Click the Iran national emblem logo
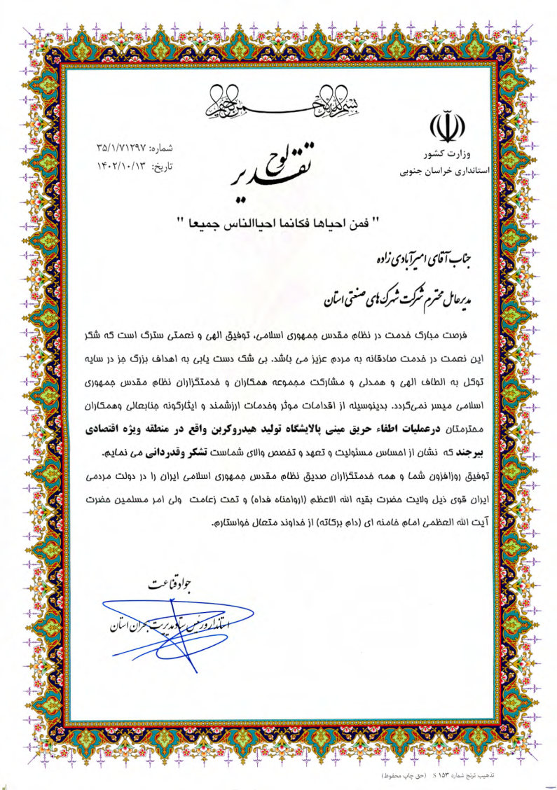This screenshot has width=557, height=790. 446,127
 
